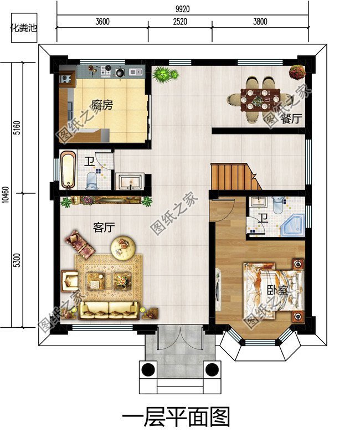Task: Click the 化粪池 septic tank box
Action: coord(24,28)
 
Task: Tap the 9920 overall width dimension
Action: coord(183,9)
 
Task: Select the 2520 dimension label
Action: coord(180,22)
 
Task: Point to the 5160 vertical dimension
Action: coord(17,127)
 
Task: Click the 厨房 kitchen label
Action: coord(102,105)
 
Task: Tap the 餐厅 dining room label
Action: coord(291,119)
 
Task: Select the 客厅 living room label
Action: coord(104,228)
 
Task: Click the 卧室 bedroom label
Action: coord(277,291)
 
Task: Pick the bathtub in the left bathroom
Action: coord(68,169)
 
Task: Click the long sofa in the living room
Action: coord(109,311)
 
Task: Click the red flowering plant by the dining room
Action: coord(297,72)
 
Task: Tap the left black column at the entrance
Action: coord(148,369)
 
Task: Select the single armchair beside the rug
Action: coord(70,281)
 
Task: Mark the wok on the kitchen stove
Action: coord(120,73)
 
